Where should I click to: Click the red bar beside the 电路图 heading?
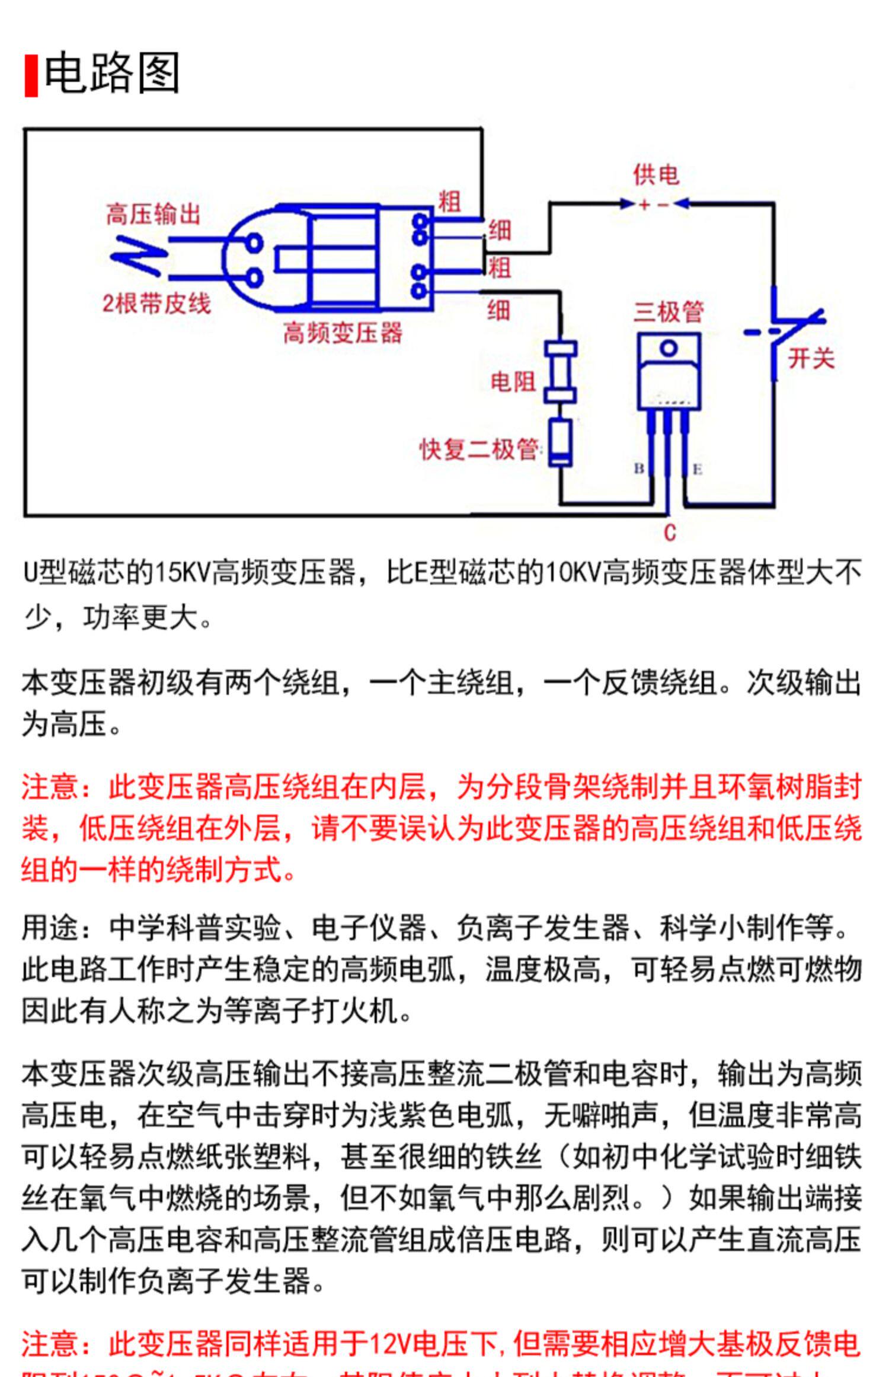[31, 75]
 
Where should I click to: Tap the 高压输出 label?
[154, 215]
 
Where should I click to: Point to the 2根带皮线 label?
[156, 304]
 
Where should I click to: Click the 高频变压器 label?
[343, 333]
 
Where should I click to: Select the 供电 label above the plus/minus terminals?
[655, 175]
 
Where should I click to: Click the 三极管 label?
[669, 312]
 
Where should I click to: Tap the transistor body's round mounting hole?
[669, 349]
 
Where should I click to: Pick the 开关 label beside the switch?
[811, 359]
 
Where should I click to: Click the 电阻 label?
[513, 382]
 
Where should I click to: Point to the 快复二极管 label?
[479, 450]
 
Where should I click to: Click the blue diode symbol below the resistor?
[560, 442]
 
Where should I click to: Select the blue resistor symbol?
[560, 372]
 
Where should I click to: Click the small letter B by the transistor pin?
[639, 468]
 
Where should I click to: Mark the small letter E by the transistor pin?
[698, 470]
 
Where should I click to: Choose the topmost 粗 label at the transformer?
[449, 202]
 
